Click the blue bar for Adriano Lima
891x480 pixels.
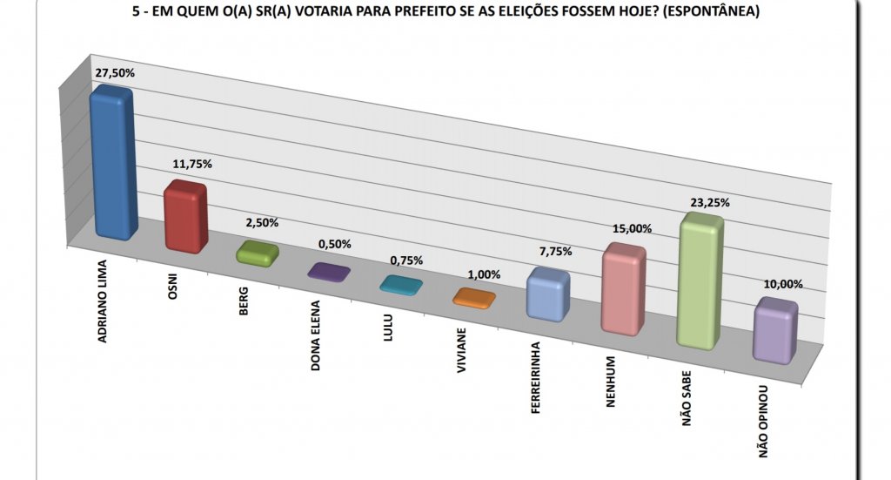coord(113,163)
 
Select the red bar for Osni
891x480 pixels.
coord(185,217)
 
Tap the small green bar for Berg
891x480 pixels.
coord(258,253)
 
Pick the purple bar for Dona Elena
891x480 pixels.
coord(329,272)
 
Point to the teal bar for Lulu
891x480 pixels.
coord(401,285)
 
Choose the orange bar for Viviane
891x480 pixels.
coord(474,298)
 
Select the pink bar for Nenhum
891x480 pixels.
coord(623,289)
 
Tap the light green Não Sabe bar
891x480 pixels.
coord(700,281)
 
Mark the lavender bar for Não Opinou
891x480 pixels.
coord(775,331)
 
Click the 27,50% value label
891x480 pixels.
coord(114,73)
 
